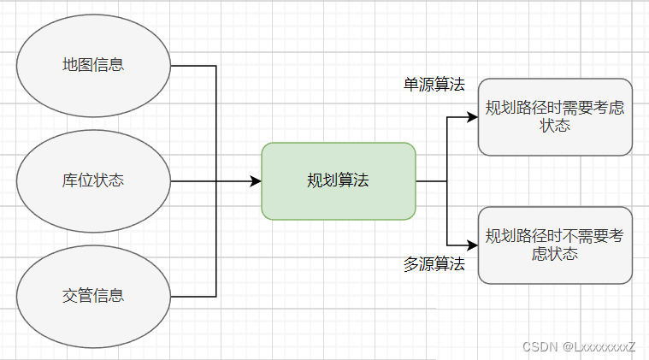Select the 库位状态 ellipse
click(93, 181)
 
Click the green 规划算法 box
click(338, 181)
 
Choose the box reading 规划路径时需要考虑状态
click(555, 117)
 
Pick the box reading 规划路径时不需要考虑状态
click(555, 245)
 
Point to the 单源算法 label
click(434, 85)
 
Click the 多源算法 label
click(434, 264)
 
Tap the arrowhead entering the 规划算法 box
click(256, 181)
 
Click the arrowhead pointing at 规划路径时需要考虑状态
click(472, 117)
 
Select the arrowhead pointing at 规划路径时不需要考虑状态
click(472, 245)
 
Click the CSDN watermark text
click(539, 347)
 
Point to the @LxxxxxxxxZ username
click(599, 347)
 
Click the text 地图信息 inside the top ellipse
click(93, 65)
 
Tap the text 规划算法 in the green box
click(338, 181)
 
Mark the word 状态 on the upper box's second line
click(555, 126)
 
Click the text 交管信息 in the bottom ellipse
click(93, 296)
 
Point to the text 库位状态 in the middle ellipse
click(93, 181)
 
